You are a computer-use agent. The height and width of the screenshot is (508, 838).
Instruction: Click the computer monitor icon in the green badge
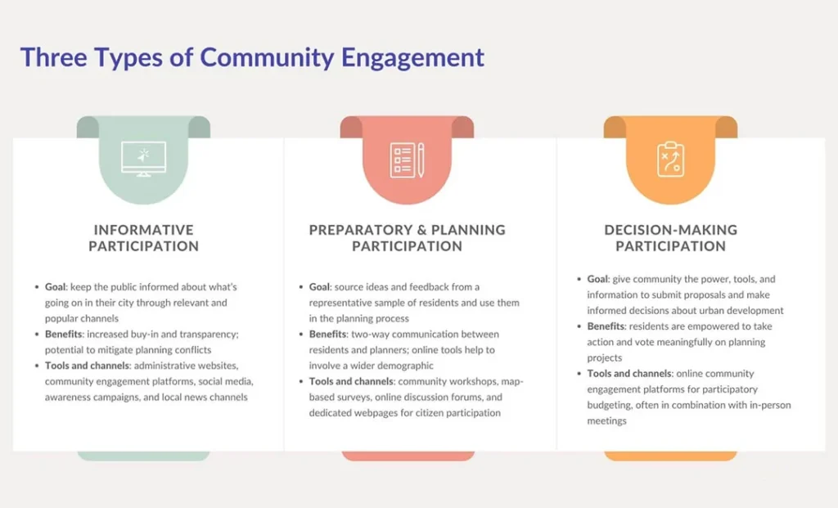[143, 159]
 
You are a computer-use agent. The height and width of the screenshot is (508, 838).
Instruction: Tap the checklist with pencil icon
[407, 160]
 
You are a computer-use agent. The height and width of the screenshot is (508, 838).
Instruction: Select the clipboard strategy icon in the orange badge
[670, 160]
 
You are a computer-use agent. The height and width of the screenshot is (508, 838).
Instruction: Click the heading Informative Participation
[143, 238]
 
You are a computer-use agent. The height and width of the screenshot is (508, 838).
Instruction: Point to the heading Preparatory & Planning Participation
[407, 238]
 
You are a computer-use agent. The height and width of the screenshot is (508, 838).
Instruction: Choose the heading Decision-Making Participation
[671, 238]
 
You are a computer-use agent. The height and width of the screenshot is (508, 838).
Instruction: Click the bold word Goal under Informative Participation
[55, 287]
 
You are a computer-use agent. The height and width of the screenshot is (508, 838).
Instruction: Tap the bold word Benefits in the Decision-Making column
[606, 326]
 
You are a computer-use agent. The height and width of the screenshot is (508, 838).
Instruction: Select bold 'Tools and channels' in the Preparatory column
[350, 381]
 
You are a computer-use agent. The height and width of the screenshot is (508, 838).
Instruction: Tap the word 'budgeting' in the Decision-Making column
[610, 406]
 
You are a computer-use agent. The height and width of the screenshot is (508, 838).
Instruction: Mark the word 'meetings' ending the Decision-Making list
[606, 421]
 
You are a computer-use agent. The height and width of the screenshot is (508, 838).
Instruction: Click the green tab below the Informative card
[143, 456]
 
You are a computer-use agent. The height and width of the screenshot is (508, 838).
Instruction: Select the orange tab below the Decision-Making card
[670, 456]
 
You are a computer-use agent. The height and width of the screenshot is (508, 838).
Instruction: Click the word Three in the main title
[53, 57]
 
